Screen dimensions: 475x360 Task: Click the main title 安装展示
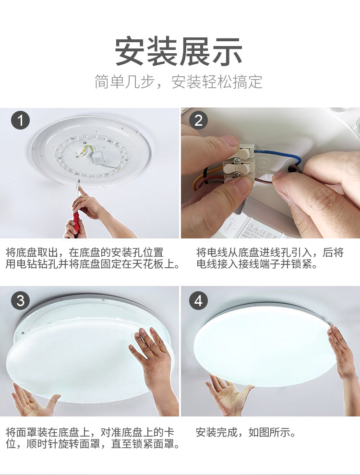[x=179, y=51]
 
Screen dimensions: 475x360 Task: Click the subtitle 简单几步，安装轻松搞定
[x=179, y=82]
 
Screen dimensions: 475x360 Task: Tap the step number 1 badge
[x=20, y=120]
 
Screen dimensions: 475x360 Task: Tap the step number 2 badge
[x=199, y=120]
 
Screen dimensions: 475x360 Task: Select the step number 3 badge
[x=20, y=301]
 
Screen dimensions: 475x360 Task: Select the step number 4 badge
[x=199, y=301]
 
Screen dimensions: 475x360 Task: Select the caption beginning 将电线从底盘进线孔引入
[x=270, y=258]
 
